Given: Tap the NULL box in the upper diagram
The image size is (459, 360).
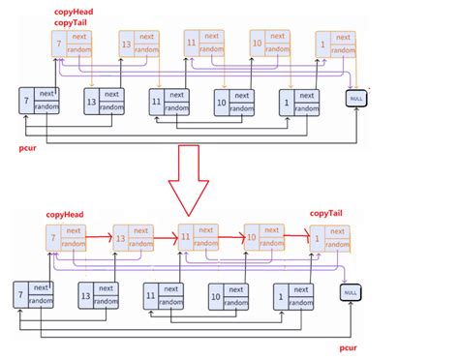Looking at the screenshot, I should [356, 98].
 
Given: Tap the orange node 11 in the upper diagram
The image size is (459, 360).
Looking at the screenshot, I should [199, 44].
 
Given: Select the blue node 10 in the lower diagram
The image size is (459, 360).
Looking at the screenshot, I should [227, 295].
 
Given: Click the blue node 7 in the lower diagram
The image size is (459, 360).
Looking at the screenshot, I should [32, 295].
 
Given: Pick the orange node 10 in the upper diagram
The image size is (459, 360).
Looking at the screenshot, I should [265, 44].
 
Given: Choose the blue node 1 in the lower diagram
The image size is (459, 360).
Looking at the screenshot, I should [291, 295].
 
